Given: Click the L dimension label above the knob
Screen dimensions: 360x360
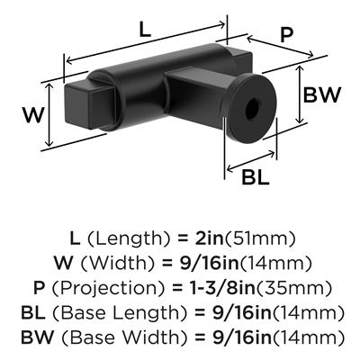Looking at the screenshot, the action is coord(145,30).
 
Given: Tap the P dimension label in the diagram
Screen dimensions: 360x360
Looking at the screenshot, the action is coord(286,35).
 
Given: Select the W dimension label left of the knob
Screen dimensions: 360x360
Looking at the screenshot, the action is coord(33,115).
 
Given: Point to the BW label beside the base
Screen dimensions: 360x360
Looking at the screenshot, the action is coord(321,95).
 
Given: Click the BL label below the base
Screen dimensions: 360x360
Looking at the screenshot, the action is coord(256,177).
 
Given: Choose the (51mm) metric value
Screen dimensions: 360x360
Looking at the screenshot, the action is coord(260,238).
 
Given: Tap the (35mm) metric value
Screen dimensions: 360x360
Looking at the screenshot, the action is coord(293,288).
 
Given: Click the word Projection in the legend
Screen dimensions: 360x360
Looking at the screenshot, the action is coord(108,288).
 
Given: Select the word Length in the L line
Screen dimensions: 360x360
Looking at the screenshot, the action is coord(129,239).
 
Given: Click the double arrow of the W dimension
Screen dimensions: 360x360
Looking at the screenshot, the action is coord(49,115).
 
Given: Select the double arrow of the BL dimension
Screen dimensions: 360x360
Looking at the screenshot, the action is coord(251,161).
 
